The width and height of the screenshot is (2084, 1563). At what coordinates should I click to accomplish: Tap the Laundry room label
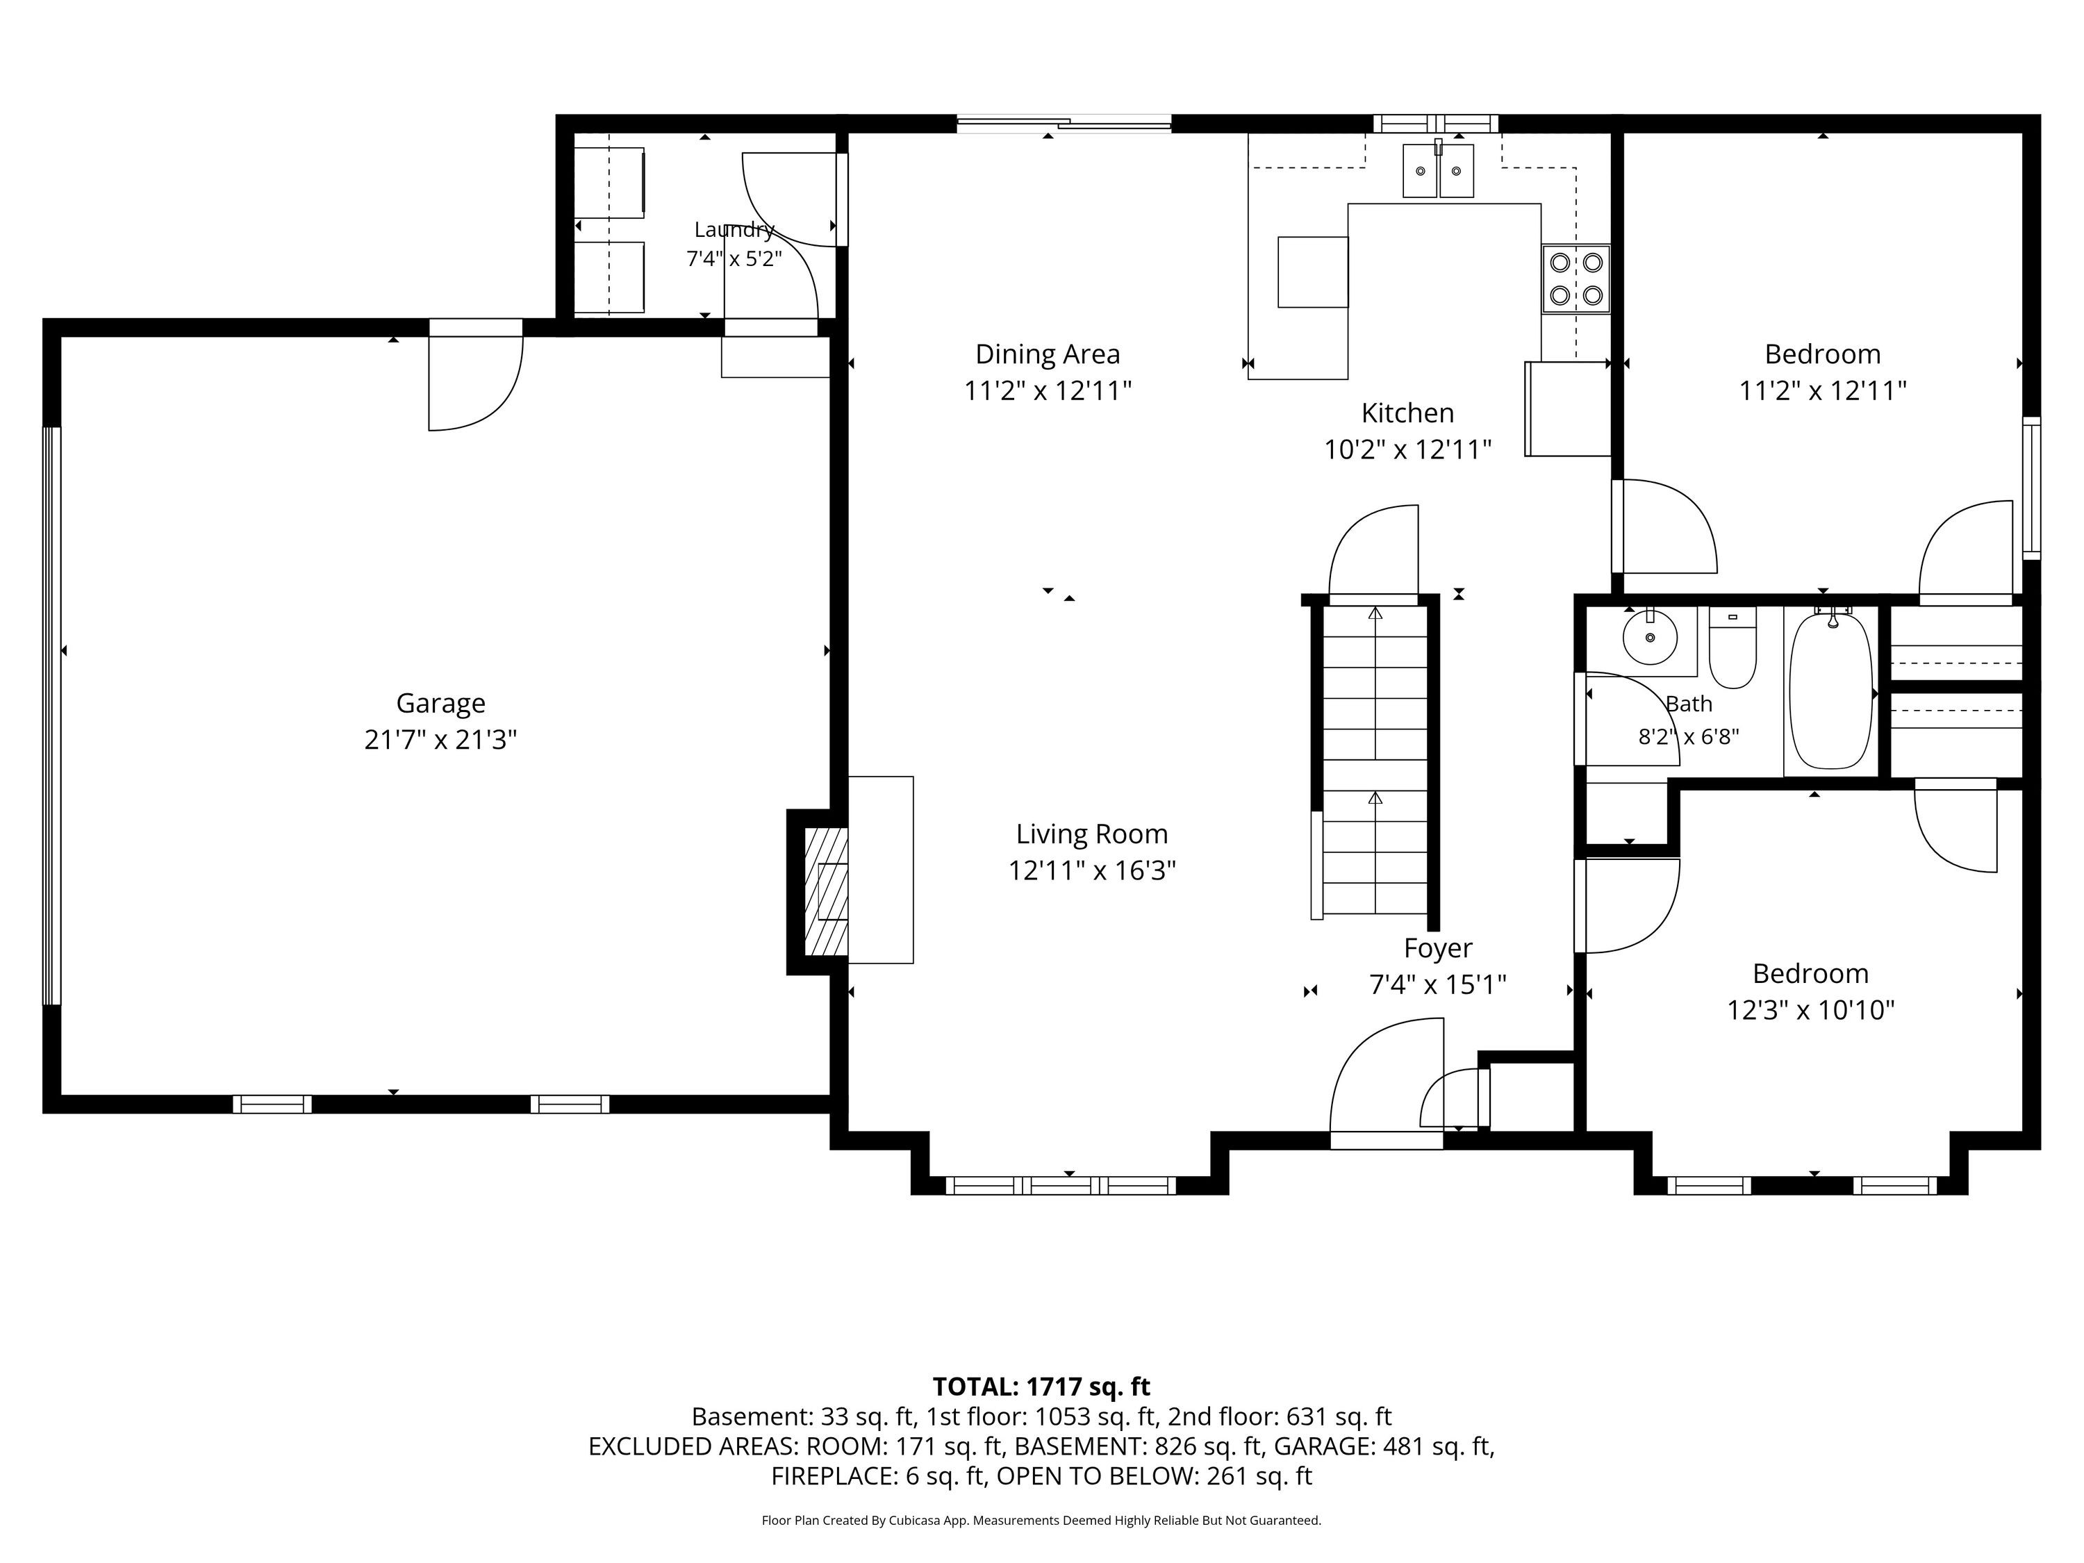point(734,229)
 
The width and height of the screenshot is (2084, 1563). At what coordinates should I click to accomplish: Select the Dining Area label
point(1048,354)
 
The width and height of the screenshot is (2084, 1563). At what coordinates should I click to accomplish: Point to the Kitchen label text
point(1407,413)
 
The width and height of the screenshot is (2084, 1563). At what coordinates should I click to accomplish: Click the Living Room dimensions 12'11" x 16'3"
point(1092,870)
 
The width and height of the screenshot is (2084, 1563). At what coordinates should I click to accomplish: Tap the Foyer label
point(1438,948)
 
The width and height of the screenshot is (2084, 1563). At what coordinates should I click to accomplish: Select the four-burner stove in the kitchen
point(1576,279)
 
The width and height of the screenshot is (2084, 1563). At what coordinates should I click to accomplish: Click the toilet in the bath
point(1732,647)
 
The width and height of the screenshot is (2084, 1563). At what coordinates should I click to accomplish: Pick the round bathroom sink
point(1650,637)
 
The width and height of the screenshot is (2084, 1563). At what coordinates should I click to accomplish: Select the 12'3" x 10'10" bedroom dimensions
point(1810,1010)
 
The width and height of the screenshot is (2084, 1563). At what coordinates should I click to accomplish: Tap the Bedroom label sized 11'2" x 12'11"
point(1822,354)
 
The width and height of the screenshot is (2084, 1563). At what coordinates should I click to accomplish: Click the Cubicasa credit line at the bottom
point(1041,1520)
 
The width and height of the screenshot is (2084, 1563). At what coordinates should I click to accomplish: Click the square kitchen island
point(1312,272)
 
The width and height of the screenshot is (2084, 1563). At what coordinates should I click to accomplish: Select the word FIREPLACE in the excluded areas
point(833,1475)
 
